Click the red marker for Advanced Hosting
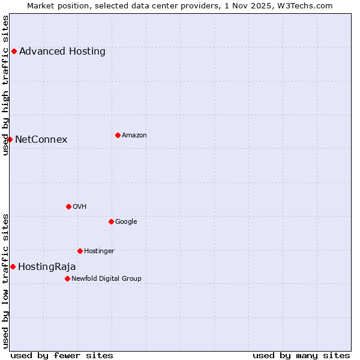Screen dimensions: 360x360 tap(14, 52)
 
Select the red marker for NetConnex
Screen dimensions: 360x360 tap(10, 140)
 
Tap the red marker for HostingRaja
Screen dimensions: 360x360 tap(13, 266)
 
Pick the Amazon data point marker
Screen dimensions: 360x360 tap(118, 135)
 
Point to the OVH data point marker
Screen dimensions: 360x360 tap(68, 206)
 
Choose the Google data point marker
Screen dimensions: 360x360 tap(111, 221)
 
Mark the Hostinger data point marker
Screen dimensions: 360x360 tap(80, 251)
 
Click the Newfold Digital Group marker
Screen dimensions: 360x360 tap(67, 278)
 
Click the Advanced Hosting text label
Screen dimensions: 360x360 tap(62, 52)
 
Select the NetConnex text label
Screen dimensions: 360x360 tap(41, 140)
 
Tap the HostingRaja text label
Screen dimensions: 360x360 tap(47, 266)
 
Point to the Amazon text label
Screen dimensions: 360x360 tap(134, 135)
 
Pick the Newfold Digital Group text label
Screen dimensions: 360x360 tap(107, 278)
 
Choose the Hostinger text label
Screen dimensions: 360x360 tap(100, 251)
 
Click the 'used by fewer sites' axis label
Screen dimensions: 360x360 tap(62, 355)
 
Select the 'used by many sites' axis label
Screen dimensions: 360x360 tap(301, 355)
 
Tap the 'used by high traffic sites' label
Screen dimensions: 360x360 tap(6, 85)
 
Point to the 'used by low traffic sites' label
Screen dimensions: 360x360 tap(6, 281)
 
